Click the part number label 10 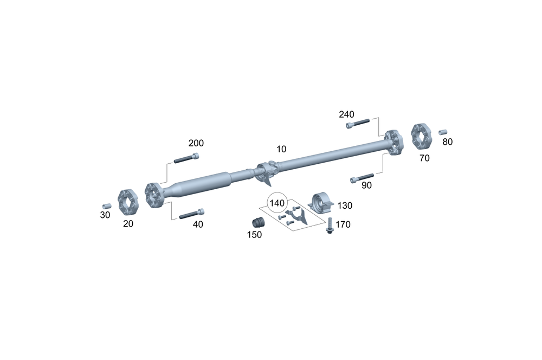281,149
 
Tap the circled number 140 277,203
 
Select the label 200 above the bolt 196,143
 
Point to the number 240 346,114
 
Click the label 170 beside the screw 343,224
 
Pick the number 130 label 345,205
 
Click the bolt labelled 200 186,158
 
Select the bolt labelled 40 191,214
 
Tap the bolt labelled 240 358,124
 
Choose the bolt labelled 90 362,178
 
